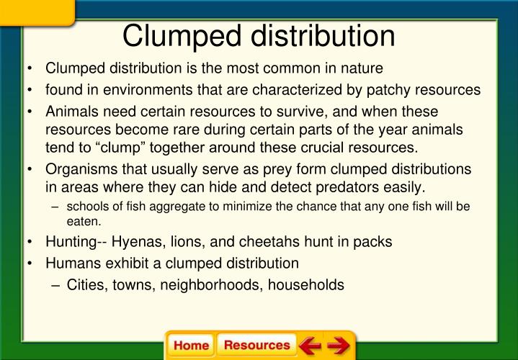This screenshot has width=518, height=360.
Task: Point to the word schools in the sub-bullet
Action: point(87,207)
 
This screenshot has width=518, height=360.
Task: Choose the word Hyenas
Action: point(136,242)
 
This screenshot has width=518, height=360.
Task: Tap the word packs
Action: point(374,242)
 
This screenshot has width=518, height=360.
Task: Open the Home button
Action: point(191,346)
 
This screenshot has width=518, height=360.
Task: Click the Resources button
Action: point(256,346)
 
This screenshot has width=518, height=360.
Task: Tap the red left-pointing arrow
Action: point(311,346)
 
